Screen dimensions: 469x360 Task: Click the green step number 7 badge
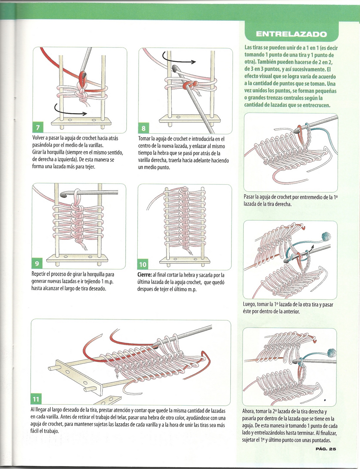[38, 128]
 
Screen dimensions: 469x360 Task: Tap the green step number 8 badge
[143, 128]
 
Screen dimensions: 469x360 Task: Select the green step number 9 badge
[37, 263]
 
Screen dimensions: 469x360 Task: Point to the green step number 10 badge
[143, 264]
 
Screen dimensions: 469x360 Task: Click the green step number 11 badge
[36, 399]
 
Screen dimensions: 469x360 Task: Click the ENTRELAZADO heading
[291, 34]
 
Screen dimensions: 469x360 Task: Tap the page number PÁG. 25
[326, 448]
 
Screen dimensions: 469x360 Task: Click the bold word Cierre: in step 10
[144, 275]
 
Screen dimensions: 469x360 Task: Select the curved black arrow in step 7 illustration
[70, 111]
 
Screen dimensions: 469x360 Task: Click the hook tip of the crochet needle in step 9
[62, 194]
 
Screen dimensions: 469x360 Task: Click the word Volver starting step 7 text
[39, 138]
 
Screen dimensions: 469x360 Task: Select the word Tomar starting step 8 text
[145, 139]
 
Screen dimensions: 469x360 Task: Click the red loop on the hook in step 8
[188, 85]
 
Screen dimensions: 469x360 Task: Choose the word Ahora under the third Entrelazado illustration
[249, 411]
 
